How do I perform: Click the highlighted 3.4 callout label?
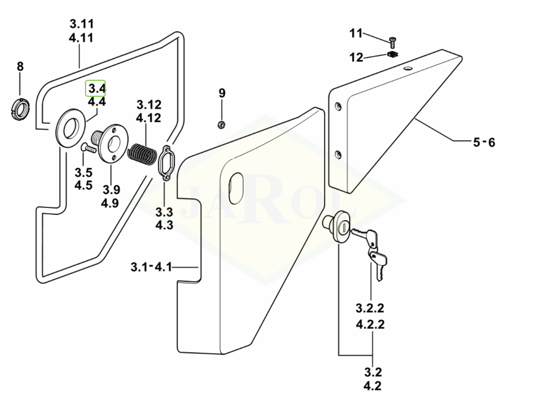tap(96, 88)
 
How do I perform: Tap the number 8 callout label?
tap(20, 66)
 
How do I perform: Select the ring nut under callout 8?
tap(21, 110)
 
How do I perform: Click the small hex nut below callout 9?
tap(222, 124)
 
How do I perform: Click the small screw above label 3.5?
tap(88, 149)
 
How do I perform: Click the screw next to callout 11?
tap(393, 40)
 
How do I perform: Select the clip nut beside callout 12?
tap(393, 55)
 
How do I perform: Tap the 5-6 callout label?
tap(483, 142)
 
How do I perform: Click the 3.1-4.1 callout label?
tap(151, 267)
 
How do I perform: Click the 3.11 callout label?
tap(81, 24)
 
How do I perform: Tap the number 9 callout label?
tap(222, 94)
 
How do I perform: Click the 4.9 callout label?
tap(111, 203)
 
